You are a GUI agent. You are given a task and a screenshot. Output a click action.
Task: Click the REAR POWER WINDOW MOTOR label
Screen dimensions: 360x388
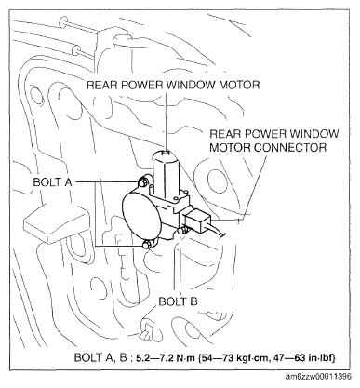click(x=173, y=85)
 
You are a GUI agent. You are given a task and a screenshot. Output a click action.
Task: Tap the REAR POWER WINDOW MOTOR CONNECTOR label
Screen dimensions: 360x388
click(x=274, y=140)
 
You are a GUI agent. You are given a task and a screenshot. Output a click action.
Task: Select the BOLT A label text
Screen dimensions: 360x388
click(x=52, y=182)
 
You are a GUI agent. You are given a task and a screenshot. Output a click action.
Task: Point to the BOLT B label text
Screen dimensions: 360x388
click(x=178, y=301)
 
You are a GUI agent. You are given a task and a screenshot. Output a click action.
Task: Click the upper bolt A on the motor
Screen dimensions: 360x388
click(x=142, y=182)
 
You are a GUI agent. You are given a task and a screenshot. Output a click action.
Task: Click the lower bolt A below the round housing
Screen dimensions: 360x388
click(x=146, y=245)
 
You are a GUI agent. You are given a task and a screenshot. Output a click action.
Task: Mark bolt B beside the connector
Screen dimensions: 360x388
click(x=182, y=230)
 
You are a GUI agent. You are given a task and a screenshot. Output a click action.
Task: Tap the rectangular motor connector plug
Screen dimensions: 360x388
click(x=197, y=221)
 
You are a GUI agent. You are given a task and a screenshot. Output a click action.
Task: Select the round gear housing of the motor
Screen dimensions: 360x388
click(x=142, y=217)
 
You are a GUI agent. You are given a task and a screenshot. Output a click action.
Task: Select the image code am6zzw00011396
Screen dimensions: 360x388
click(x=318, y=377)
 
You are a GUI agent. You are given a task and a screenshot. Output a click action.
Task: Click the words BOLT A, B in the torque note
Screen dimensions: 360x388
click(x=100, y=357)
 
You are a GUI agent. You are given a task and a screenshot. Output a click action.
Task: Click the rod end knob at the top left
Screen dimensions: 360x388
click(x=62, y=21)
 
